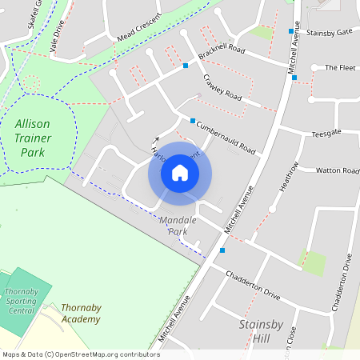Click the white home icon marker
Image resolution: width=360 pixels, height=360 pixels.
[180, 173]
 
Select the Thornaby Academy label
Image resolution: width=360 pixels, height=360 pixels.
[81, 313]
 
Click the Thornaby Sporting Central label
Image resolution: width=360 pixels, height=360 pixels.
[21, 302]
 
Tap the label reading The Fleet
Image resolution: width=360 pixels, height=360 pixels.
[339, 68]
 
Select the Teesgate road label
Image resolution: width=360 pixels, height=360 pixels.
[326, 133]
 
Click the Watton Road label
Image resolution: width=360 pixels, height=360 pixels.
[338, 170]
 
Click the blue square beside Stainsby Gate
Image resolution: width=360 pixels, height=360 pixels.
[291, 31]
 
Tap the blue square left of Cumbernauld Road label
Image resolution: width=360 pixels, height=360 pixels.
[192, 121]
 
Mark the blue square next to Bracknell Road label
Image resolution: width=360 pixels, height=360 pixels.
[186, 66]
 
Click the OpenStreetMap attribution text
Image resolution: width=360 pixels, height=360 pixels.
[80, 354]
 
